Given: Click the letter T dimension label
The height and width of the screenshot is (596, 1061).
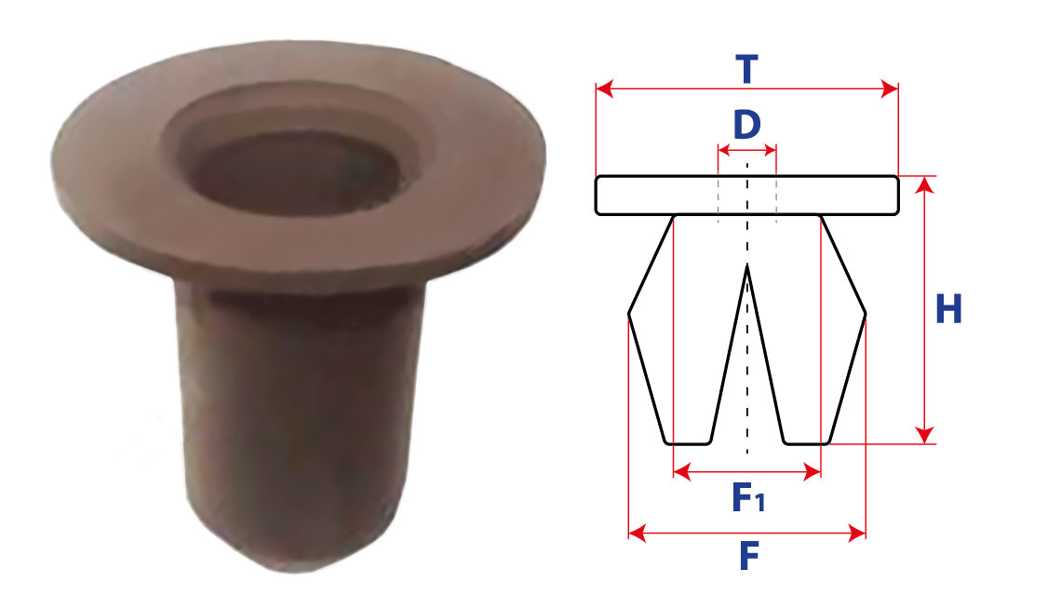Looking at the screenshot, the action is pyautogui.click(x=747, y=70).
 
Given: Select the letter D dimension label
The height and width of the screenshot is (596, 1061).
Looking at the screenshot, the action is pyautogui.click(x=747, y=125).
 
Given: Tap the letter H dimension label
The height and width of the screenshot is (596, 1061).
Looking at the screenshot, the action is pyautogui.click(x=948, y=309).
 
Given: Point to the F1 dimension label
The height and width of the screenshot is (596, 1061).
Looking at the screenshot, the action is pyautogui.click(x=748, y=497).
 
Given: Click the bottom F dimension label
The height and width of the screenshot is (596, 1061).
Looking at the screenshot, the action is pyautogui.click(x=748, y=556).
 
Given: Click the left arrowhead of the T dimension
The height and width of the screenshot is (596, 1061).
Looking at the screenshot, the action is pyautogui.click(x=604, y=88).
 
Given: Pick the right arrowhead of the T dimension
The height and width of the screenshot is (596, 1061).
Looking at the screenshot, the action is pyautogui.click(x=890, y=88).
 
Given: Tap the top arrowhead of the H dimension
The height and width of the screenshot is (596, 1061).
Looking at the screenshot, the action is pyautogui.click(x=924, y=185).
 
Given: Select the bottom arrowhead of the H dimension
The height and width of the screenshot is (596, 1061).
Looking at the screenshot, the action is pyautogui.click(x=924, y=436).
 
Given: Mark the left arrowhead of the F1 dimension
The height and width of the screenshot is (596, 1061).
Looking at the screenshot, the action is pyautogui.click(x=682, y=472).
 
